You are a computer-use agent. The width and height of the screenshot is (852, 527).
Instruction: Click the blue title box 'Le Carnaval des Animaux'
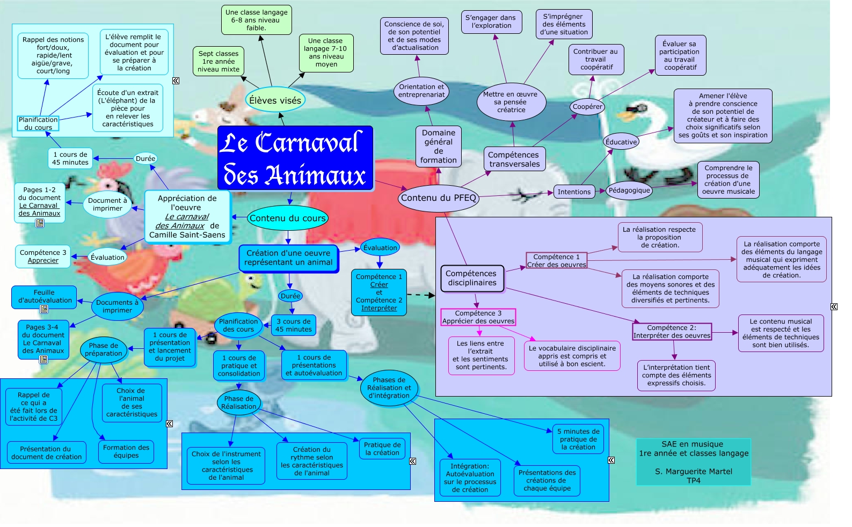point(295,158)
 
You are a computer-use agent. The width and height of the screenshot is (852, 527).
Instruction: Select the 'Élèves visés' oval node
point(275,100)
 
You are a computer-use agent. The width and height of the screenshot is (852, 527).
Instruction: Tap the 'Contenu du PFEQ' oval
point(438,198)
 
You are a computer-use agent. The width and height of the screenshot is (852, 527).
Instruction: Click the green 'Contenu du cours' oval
point(287,218)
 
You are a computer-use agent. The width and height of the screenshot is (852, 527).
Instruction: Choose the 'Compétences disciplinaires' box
point(472,279)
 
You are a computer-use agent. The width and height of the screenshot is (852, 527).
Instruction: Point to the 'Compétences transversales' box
point(514,159)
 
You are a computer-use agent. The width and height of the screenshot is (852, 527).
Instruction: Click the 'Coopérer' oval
point(587,107)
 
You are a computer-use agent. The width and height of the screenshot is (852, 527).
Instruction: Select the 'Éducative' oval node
point(621,142)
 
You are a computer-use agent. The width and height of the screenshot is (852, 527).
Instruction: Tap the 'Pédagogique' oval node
point(629,191)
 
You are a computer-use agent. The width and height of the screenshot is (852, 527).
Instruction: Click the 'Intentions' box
point(574,192)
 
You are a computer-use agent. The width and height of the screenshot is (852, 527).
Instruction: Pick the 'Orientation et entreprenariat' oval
point(421,91)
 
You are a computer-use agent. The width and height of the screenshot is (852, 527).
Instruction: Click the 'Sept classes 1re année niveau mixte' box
point(219,61)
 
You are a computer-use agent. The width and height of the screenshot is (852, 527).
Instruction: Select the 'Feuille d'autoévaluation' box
point(44,297)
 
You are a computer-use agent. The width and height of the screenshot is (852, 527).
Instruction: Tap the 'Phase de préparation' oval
point(104,349)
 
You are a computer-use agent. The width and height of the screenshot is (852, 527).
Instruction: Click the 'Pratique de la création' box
point(382,449)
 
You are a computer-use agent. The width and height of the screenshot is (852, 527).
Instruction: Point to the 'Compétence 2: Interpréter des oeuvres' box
point(672,332)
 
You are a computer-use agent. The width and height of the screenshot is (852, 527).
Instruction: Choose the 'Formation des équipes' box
point(126,451)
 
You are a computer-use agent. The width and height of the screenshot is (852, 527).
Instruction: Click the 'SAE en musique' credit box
point(693,462)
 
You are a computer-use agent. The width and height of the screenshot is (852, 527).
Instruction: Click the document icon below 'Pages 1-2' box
point(40,223)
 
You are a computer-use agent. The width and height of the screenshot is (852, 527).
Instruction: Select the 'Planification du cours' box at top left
point(38,123)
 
